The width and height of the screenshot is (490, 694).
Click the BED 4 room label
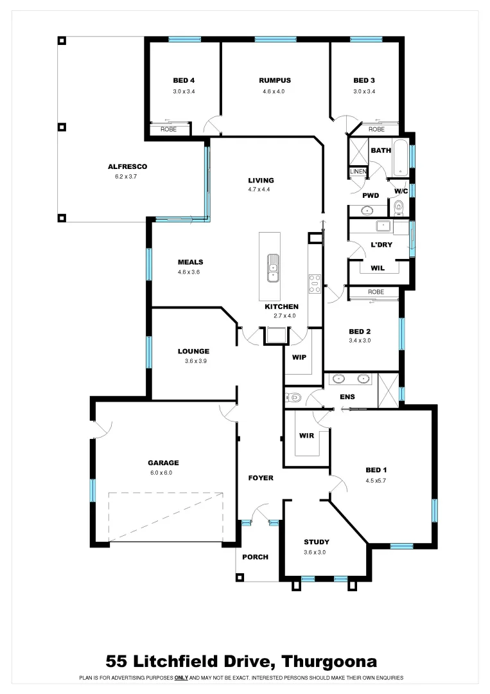183,80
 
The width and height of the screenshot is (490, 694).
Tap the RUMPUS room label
275,80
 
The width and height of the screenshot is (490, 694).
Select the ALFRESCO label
127,166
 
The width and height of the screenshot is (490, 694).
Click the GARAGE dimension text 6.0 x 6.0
163,473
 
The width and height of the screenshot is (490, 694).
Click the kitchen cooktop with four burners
315,283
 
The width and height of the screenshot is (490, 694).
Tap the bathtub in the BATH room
401,157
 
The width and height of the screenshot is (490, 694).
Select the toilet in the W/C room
399,207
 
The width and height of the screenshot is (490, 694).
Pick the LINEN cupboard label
358,172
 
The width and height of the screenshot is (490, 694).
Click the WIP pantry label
299,356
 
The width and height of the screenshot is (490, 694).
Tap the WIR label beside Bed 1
306,436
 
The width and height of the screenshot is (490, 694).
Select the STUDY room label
317,542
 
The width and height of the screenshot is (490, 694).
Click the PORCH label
255,557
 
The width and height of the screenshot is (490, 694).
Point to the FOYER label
261,478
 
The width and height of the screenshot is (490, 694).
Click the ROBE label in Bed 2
376,292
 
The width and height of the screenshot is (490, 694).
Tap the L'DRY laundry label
381,245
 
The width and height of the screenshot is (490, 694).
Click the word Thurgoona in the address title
329,661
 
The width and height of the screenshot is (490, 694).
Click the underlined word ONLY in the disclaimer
181,678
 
